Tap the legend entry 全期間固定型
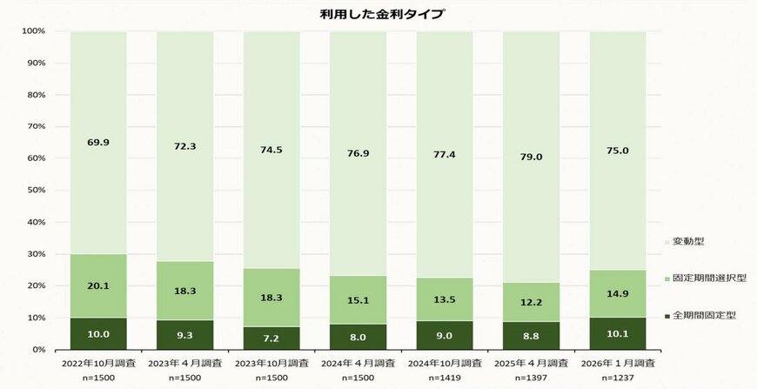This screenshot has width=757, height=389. pos(705,315)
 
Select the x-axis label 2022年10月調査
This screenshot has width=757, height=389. pos(97,362)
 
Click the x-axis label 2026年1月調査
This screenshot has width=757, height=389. pos(618,362)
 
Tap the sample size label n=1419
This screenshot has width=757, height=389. pos(445,379)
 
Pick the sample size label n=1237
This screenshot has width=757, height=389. pos(618,379)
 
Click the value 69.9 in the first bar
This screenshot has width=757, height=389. pos(97,142)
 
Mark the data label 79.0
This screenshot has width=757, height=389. pos(531,157)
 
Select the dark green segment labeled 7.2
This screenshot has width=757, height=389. pos(271,338)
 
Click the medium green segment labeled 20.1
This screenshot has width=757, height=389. pos(97,286)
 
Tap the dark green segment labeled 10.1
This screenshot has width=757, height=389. pos(618,333)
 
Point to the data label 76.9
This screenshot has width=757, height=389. pos(358,153)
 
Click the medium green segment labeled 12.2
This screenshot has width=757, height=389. pos(531,302)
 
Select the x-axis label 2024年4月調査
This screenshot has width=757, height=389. pos(358,362)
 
